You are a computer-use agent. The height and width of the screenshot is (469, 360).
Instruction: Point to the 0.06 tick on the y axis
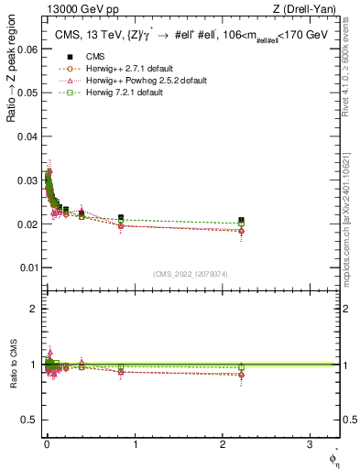point(27,49)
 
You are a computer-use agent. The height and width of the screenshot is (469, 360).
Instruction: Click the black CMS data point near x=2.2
point(241,220)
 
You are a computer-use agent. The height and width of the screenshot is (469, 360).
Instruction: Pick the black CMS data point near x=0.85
point(121,217)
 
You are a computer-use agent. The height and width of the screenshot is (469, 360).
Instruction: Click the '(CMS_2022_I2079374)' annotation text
point(191,274)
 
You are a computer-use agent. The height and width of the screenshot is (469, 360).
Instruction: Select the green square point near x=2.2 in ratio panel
point(241,366)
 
